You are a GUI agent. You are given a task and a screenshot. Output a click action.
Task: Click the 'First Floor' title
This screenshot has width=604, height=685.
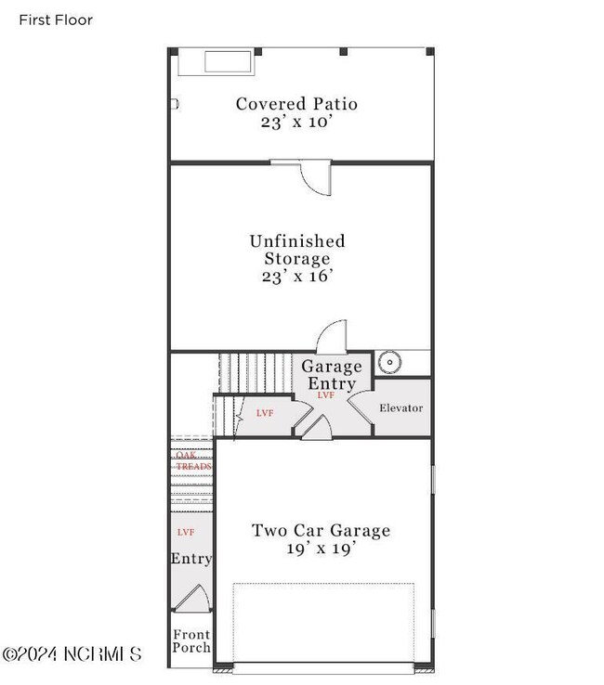(x=56, y=19)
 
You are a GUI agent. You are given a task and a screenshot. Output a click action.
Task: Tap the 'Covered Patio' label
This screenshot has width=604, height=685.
(x=296, y=104)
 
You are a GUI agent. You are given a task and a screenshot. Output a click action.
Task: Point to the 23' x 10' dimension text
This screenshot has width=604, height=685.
(x=296, y=122)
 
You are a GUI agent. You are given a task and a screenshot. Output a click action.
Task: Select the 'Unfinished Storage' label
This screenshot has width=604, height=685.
(x=296, y=250)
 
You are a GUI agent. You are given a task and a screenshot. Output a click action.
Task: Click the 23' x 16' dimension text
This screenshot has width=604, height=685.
(x=296, y=276)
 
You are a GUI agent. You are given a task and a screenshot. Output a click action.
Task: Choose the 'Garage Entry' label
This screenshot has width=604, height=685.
(x=332, y=375)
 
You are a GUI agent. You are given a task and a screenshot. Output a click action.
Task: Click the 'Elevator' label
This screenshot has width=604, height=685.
(x=401, y=408)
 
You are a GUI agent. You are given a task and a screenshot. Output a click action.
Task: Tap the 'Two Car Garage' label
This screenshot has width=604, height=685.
(x=321, y=531)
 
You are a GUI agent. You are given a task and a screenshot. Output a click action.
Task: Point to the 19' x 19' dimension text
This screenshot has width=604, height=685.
(x=321, y=549)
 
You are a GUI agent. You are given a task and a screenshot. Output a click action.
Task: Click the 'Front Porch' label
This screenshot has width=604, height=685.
(x=191, y=641)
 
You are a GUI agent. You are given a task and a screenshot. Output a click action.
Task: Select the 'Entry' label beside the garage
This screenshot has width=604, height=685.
(x=190, y=559)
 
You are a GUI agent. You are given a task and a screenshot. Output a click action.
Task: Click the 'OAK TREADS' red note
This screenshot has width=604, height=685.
(x=193, y=460)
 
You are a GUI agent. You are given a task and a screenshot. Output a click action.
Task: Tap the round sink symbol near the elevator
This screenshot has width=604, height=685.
(x=387, y=361)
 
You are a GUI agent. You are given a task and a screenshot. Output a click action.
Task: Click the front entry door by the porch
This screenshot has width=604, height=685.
(x=190, y=598)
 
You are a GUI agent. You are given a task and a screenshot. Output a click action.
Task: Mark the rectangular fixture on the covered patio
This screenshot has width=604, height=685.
(x=229, y=62)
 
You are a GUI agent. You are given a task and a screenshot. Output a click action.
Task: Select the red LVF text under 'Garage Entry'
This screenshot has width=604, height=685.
(x=325, y=395)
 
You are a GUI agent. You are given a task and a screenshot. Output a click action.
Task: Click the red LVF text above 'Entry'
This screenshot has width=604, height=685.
(x=186, y=532)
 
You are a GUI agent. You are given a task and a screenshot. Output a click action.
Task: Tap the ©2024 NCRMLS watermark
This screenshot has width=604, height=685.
(x=72, y=654)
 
